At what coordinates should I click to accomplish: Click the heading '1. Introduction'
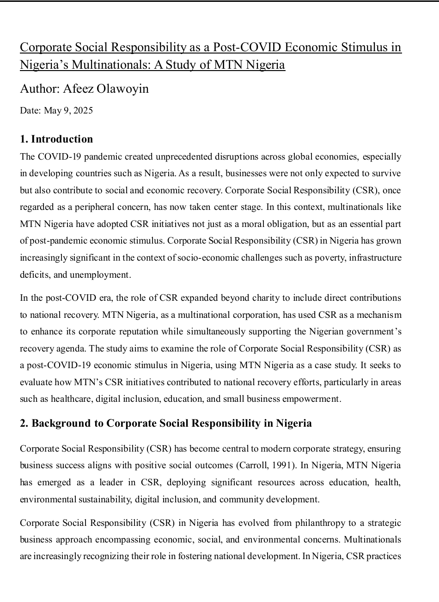tap(56, 139)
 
